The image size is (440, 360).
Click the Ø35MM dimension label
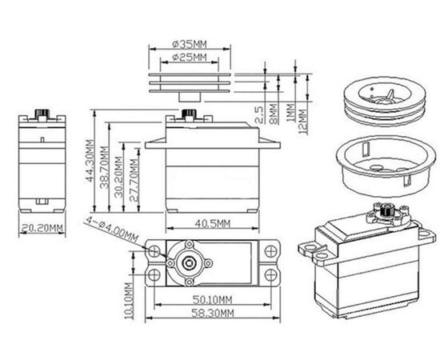point(190,44)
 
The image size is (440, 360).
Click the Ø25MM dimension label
point(190,58)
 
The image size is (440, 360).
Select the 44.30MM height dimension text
point(90,161)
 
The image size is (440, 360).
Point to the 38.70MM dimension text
point(104,167)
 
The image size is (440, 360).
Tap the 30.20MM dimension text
point(118,178)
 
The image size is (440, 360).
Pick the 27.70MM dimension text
point(134,180)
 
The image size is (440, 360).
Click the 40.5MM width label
point(213,224)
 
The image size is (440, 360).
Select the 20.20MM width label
point(42,229)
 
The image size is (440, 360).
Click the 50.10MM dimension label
point(213,300)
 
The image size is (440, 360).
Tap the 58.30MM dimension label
point(213,313)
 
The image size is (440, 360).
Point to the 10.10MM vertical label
point(129,301)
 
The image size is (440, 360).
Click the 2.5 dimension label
point(259,115)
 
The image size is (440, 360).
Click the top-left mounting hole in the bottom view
point(154,250)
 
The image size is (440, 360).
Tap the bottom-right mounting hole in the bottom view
point(270,275)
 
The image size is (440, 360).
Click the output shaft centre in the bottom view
point(188,263)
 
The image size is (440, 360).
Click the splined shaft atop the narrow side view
point(42,114)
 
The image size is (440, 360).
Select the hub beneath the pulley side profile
point(190,97)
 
